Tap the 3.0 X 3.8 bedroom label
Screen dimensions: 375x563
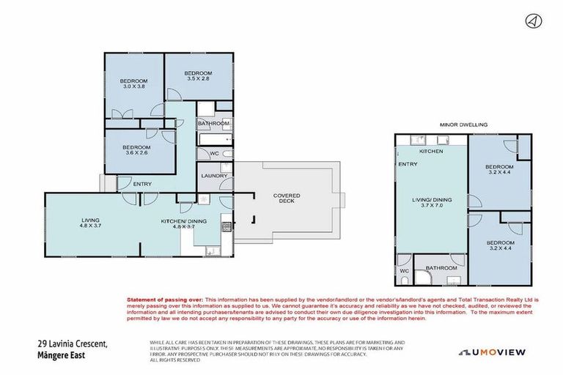tap(134, 83)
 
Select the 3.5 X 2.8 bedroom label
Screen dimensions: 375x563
tap(198, 77)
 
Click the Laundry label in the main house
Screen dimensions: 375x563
tap(214, 176)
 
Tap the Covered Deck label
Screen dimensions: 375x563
tap(287, 199)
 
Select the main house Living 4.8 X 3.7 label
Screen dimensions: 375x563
tap(91, 223)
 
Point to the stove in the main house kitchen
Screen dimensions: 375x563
tap(227, 226)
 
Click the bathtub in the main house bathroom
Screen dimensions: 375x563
tap(215, 138)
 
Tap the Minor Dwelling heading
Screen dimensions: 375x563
tap(463, 125)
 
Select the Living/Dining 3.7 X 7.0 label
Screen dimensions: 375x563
tap(431, 203)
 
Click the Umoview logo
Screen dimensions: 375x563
tap(493, 352)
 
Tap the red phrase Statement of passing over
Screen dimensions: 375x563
tap(165, 300)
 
